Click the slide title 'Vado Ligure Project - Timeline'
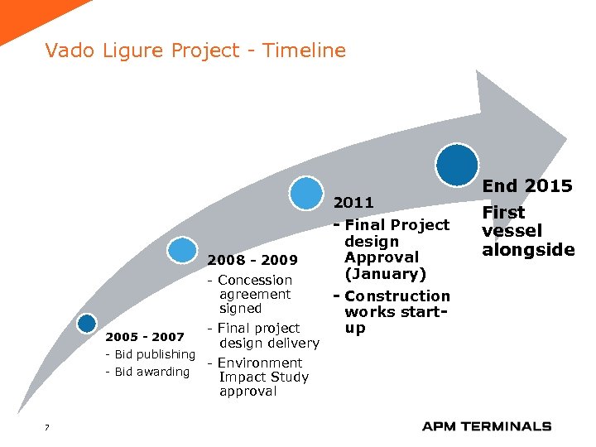click(x=195, y=50)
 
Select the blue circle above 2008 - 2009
click(x=182, y=250)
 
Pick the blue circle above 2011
click(x=307, y=193)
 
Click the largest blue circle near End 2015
click(x=457, y=164)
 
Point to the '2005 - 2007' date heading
click(x=145, y=337)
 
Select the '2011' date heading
click(x=353, y=202)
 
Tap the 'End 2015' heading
click(x=527, y=186)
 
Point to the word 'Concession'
click(x=255, y=281)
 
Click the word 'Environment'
click(x=260, y=363)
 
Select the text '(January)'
click(x=385, y=274)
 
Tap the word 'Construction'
click(x=397, y=296)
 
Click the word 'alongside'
click(x=528, y=250)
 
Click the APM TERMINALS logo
click(x=486, y=426)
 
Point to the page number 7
click(x=47, y=427)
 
